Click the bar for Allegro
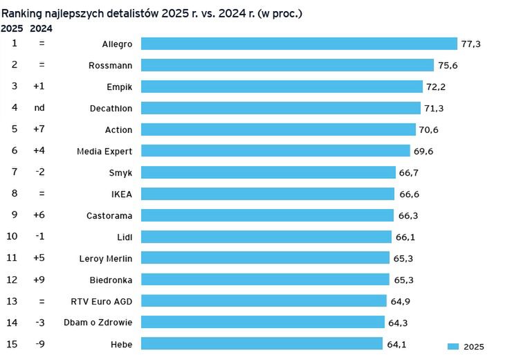point(299,44)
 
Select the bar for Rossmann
point(287,65)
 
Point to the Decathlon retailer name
point(111,108)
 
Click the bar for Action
point(279,129)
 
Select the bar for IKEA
point(268,194)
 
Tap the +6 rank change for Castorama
point(39,215)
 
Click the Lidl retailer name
point(125,237)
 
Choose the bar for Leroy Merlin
point(265,258)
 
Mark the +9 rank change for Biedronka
point(39,280)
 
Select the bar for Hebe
point(262,344)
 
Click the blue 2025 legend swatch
point(453,347)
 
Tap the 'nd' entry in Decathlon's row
point(39,108)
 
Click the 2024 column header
point(41,28)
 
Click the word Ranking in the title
point(22,13)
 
